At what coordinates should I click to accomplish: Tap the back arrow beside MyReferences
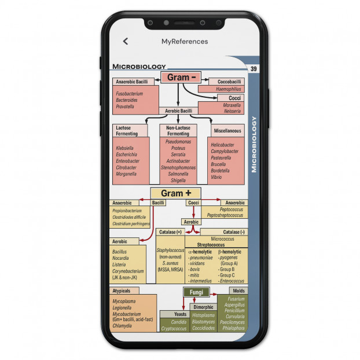click(126, 41)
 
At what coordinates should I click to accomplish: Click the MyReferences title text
click(185, 42)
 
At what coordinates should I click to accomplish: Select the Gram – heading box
click(181, 78)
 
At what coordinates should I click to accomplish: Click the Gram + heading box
click(175, 193)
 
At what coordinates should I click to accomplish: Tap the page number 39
click(254, 69)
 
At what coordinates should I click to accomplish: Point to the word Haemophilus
click(229, 89)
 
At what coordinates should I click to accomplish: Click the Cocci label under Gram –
click(234, 98)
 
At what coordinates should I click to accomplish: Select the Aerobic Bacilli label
click(178, 111)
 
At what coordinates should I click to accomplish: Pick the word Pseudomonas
click(178, 142)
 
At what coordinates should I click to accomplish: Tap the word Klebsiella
click(124, 148)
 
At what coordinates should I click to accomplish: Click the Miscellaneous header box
click(227, 131)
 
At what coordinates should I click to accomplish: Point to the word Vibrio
click(216, 177)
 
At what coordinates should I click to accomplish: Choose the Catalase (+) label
click(170, 232)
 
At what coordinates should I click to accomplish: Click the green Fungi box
click(197, 292)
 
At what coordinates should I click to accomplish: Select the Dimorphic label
click(203, 307)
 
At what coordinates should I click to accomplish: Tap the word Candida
click(179, 322)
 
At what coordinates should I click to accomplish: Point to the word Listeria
click(119, 265)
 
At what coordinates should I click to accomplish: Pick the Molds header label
click(239, 291)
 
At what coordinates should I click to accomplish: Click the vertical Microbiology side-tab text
click(254, 145)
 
